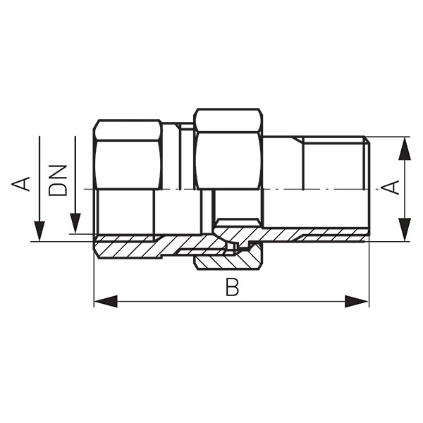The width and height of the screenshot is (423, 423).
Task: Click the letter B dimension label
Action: [x=232, y=288]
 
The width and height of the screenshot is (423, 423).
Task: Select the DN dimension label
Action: [x=57, y=180]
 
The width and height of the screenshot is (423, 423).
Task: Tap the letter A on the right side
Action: [x=391, y=188]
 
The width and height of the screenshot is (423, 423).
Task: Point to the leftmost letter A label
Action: [x=20, y=184]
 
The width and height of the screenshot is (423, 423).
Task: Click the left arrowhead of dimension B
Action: [x=106, y=301]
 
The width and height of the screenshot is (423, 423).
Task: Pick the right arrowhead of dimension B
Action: [x=357, y=301]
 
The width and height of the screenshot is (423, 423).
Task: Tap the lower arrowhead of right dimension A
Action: [x=405, y=229]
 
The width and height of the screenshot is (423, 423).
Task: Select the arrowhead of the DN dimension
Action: [x=75, y=223]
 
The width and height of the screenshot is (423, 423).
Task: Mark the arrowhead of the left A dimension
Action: [x=39, y=231]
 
